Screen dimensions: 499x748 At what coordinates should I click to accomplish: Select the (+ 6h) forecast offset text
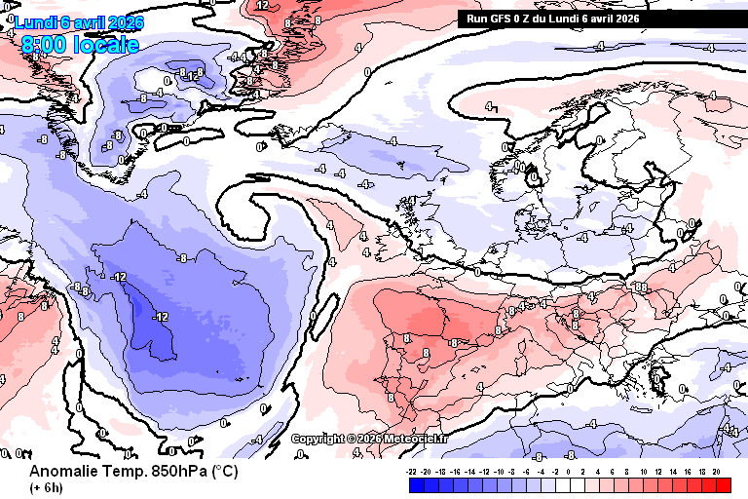click(46, 487)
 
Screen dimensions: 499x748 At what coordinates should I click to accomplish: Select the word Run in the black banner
click(476, 18)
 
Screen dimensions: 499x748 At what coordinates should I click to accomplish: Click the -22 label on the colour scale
click(413, 470)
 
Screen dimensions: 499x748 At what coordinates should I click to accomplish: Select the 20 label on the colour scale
click(716, 470)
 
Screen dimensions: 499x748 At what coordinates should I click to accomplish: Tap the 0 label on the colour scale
click(570, 470)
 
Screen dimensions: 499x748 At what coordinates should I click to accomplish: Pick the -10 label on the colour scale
click(499, 470)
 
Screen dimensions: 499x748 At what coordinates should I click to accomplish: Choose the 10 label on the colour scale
click(644, 470)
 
